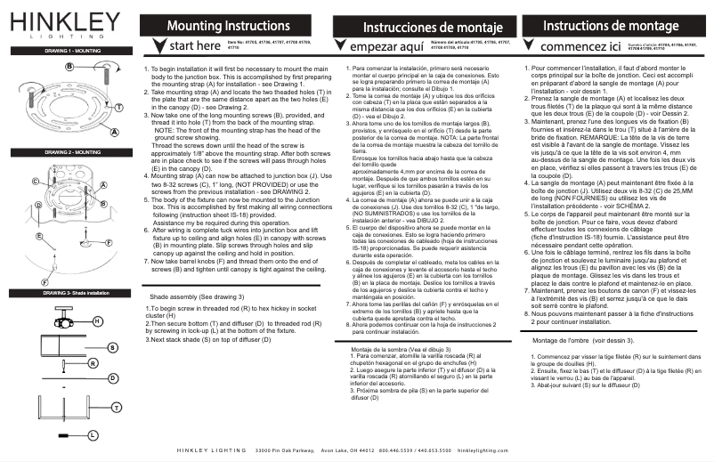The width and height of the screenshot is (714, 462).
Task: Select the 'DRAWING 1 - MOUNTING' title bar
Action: tap(61, 53)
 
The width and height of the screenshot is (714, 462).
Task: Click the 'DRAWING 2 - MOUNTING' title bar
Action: tap(61, 153)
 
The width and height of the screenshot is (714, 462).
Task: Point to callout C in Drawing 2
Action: tap(34, 181)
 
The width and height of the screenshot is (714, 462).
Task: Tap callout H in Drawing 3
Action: tap(96, 320)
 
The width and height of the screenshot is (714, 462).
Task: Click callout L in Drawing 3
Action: tap(92, 434)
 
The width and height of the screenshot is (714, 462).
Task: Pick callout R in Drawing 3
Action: tap(93, 363)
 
